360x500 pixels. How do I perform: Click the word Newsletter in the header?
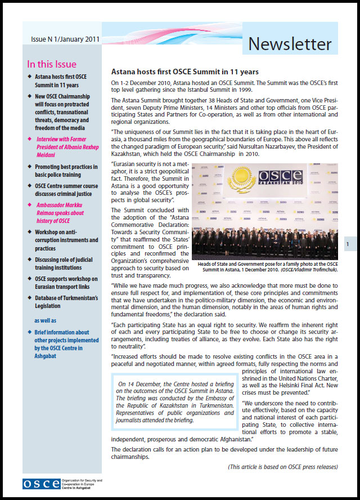pyautogui.click(x=290, y=43)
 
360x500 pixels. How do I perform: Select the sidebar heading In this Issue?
pyautogui.click(x=51, y=64)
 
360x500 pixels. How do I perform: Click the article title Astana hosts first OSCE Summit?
pyautogui.click(x=184, y=72)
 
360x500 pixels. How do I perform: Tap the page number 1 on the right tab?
pyautogui.click(x=348, y=244)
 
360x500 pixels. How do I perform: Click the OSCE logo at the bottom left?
pyautogui.click(x=40, y=483)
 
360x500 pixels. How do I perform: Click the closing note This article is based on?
pyautogui.click(x=283, y=467)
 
